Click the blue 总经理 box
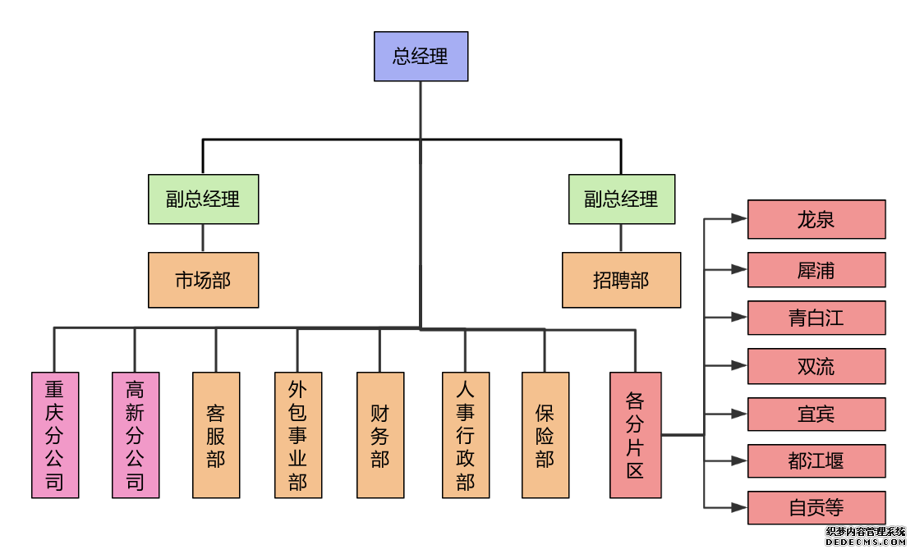pyautogui.click(x=421, y=57)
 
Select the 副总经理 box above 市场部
pyautogui.click(x=203, y=199)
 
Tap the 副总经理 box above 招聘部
pyautogui.click(x=621, y=199)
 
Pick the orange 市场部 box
pyautogui.click(x=203, y=281)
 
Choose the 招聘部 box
pyautogui.click(x=621, y=281)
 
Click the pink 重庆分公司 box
pyautogui.click(x=55, y=435)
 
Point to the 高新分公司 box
pyautogui.click(x=136, y=435)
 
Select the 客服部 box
pyautogui.click(x=216, y=435)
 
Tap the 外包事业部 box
pyautogui.click(x=298, y=435)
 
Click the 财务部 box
pyautogui.click(x=380, y=435)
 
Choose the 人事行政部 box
pyautogui.click(x=466, y=435)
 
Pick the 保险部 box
pyautogui.click(x=545, y=435)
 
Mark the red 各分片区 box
pyautogui.click(x=635, y=435)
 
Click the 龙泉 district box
pyautogui.click(x=816, y=219)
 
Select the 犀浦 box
pyautogui.click(x=816, y=270)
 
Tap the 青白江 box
pyautogui.click(x=816, y=318)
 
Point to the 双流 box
pyautogui.click(x=816, y=366)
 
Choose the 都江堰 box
pyautogui.click(x=816, y=461)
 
